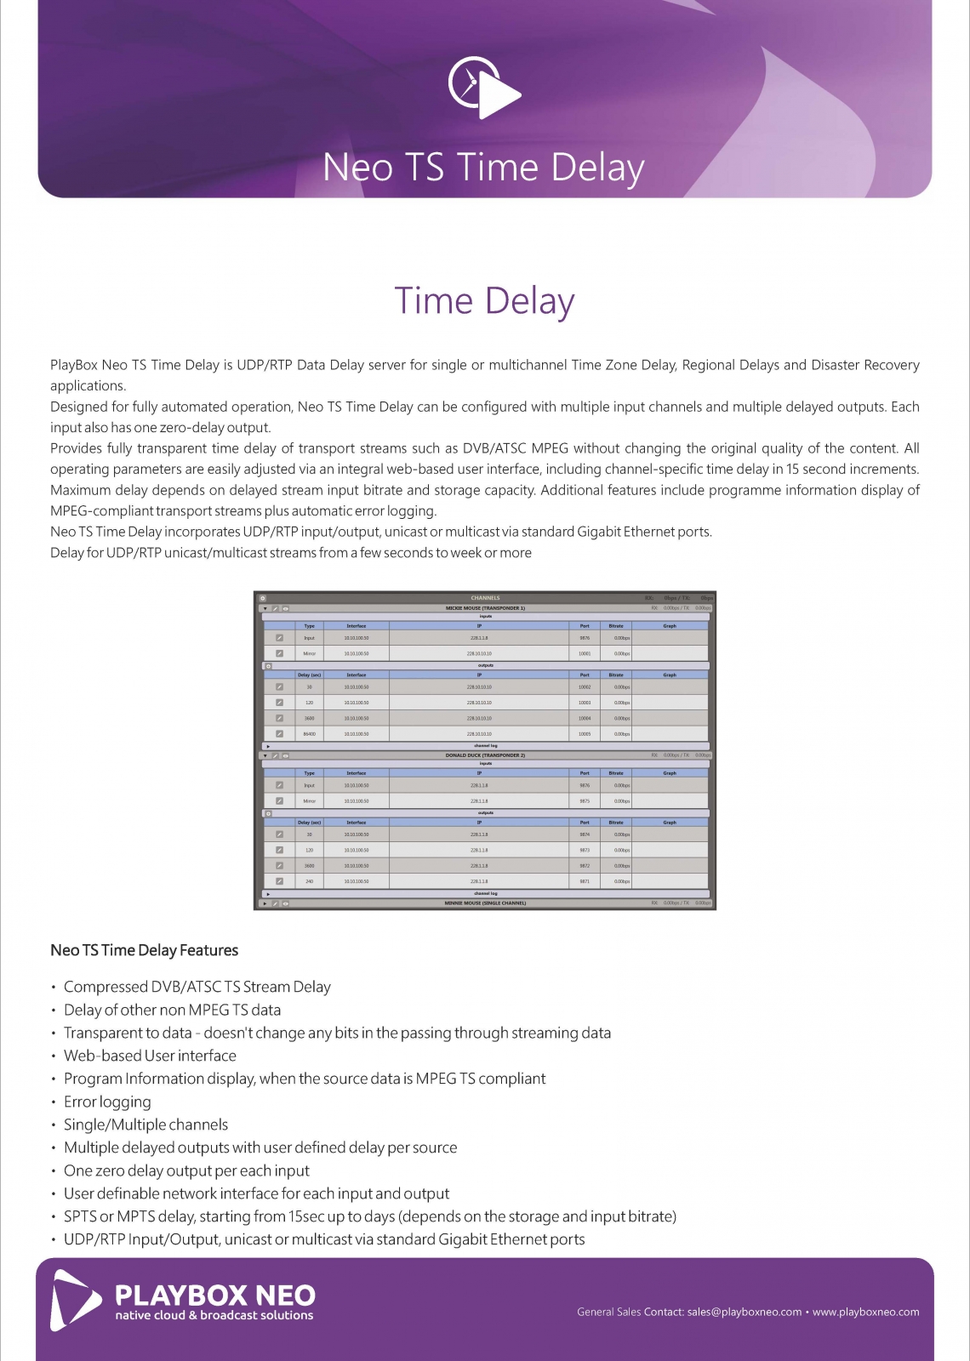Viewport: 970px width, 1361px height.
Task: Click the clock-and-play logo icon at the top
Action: (483, 88)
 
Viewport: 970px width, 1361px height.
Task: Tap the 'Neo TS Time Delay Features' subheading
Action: (144, 950)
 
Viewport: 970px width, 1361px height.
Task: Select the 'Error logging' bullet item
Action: (107, 1102)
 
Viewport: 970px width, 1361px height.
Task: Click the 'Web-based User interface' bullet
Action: (150, 1056)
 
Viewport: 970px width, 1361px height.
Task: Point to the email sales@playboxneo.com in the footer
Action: (744, 1312)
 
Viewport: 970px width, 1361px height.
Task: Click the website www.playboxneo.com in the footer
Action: (865, 1312)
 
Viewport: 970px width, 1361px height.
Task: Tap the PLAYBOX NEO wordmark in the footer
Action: (215, 1296)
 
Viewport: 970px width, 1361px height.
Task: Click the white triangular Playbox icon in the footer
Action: (75, 1300)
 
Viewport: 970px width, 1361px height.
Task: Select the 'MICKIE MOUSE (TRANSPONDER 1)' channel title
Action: (485, 608)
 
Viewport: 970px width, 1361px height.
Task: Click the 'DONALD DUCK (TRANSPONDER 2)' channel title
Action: (485, 755)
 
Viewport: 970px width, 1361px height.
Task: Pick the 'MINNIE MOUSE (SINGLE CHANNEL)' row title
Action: (485, 903)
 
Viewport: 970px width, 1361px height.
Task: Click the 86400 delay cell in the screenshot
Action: (309, 733)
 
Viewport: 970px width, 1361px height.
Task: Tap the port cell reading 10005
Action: (585, 733)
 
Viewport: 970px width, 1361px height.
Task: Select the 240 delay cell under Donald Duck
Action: (309, 881)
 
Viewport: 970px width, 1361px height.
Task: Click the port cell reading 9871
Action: (585, 881)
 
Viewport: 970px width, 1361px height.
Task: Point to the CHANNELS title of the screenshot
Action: (485, 598)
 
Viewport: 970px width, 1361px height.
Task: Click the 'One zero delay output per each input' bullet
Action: (186, 1170)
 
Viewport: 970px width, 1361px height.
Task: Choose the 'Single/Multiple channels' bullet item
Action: (145, 1125)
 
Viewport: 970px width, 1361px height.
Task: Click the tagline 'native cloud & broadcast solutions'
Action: (214, 1316)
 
